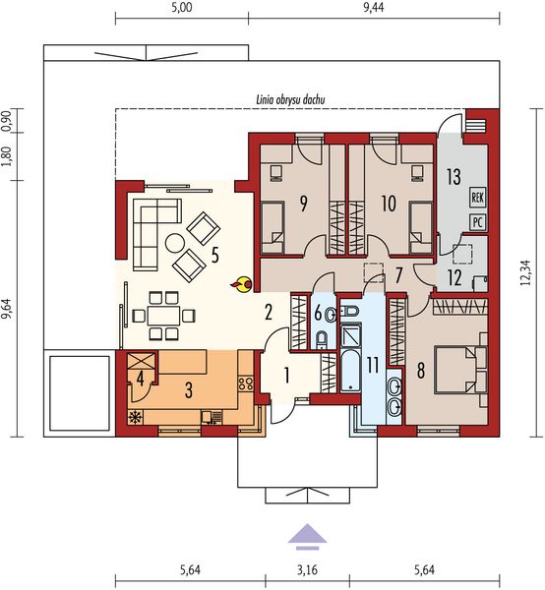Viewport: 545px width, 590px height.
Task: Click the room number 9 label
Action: click(x=304, y=204)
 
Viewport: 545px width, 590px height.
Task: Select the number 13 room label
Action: click(x=453, y=177)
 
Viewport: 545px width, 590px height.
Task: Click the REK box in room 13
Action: click(x=478, y=197)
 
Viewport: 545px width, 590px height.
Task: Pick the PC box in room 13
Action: click(x=478, y=221)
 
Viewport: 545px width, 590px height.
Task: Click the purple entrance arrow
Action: click(x=306, y=534)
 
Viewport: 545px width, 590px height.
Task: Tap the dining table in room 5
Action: click(x=160, y=316)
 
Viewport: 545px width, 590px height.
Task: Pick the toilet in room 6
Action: click(x=324, y=340)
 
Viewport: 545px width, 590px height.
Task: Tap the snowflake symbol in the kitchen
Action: click(x=136, y=418)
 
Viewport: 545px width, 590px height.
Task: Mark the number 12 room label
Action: click(x=453, y=276)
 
